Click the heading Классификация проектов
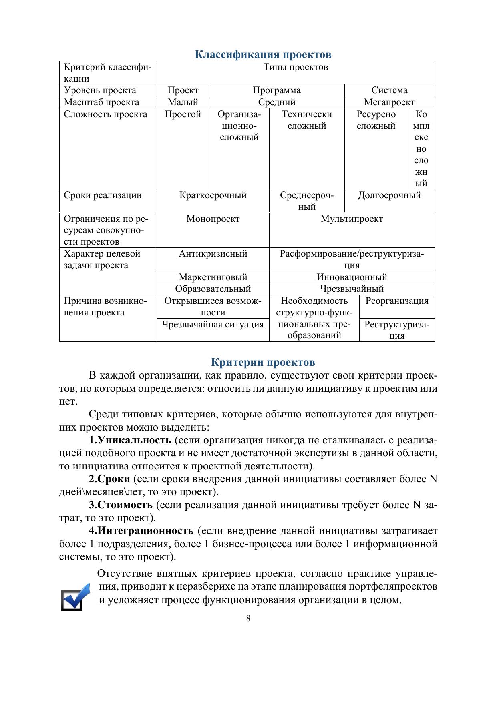click(263, 54)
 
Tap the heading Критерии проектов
click(263, 362)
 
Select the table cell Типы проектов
click(296, 67)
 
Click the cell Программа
click(276, 90)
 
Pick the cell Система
click(389, 90)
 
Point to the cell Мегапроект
click(389, 102)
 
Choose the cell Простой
click(183, 114)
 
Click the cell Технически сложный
click(307, 120)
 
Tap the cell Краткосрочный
click(213, 195)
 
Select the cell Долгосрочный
click(389, 195)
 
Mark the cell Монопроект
click(213, 219)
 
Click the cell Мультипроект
click(352, 219)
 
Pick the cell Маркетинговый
click(213, 277)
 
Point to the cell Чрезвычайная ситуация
click(213, 324)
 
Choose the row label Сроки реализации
click(103, 195)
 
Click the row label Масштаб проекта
click(102, 102)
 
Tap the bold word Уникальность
click(130, 440)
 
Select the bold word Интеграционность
click(141, 531)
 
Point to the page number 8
click(248, 618)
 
